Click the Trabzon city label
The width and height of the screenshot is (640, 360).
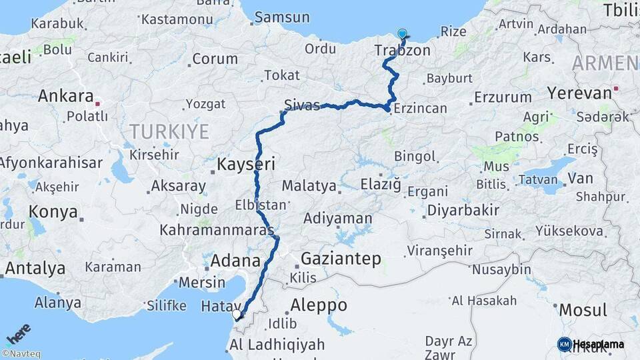click(402, 51)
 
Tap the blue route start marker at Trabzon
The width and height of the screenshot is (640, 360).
click(402, 34)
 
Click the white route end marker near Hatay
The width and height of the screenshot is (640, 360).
click(237, 313)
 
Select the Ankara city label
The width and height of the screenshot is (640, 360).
click(65, 95)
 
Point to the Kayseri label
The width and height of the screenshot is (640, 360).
click(246, 163)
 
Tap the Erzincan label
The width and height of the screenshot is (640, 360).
click(420, 107)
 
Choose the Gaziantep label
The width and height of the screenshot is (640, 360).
click(341, 258)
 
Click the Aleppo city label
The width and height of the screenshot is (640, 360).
click(319, 305)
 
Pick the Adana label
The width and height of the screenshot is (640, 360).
click(235, 260)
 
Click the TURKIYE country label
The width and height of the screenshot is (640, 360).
click(169, 131)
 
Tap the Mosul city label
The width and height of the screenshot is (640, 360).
click(583, 310)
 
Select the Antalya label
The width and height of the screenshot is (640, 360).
click(35, 268)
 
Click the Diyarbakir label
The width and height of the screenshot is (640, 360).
click(463, 211)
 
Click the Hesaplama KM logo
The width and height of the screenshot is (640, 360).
click(591, 344)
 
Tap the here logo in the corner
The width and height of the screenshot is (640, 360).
click(18, 333)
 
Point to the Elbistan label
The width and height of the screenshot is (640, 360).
click(260, 205)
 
